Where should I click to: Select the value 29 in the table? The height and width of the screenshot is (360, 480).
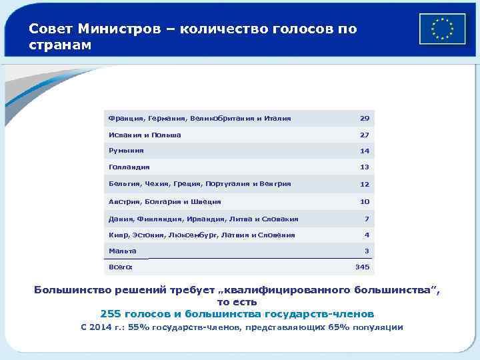click(x=364, y=119)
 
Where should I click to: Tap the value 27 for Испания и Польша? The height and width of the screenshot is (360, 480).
click(x=364, y=135)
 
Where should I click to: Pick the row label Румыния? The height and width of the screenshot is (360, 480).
click(x=126, y=151)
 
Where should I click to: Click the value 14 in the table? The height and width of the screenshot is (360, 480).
click(x=364, y=151)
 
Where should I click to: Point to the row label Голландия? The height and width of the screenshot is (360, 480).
click(x=129, y=167)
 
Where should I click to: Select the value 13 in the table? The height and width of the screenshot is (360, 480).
click(x=364, y=168)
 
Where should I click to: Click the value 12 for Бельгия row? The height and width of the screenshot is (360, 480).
click(x=364, y=185)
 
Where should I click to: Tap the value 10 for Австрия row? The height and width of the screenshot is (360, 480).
click(x=364, y=201)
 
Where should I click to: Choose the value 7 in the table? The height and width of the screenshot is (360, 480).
click(x=366, y=219)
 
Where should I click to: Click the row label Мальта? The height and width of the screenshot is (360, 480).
click(x=122, y=251)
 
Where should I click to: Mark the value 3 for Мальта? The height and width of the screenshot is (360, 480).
click(x=366, y=251)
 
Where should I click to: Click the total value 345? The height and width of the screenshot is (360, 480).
click(x=362, y=267)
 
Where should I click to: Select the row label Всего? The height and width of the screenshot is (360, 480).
click(x=120, y=267)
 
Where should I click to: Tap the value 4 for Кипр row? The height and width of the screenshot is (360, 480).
click(x=366, y=235)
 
